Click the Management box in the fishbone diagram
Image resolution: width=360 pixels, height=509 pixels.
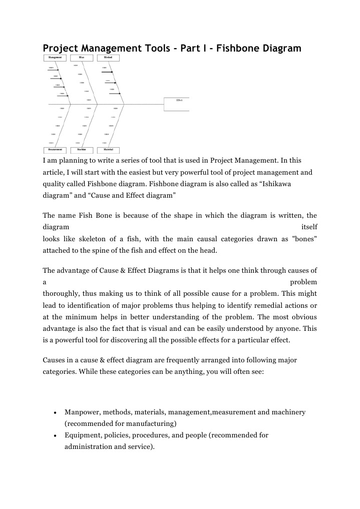click(x=55, y=58)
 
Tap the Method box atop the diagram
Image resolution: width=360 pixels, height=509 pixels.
click(x=108, y=58)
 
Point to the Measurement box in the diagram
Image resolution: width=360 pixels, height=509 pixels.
click(x=55, y=150)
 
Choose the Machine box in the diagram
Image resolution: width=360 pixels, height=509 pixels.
click(x=82, y=150)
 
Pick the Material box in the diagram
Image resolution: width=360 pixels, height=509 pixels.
click(x=108, y=150)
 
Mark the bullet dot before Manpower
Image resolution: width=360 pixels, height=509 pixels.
click(x=54, y=412)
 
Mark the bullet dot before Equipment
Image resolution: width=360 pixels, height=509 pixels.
click(x=54, y=435)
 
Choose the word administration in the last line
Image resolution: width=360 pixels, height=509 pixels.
click(x=88, y=446)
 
